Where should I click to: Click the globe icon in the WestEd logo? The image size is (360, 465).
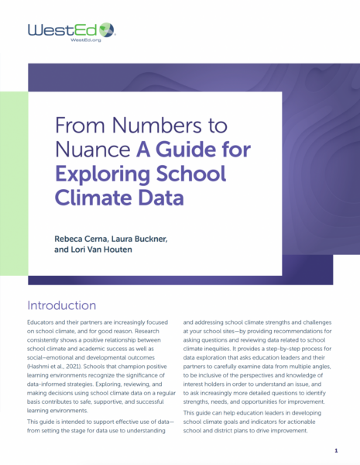pyautogui.click(x=106, y=30)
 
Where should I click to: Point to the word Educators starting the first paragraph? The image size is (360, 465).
pyautogui.click(x=43, y=326)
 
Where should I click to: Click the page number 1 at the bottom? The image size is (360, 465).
pyautogui.click(x=336, y=450)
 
